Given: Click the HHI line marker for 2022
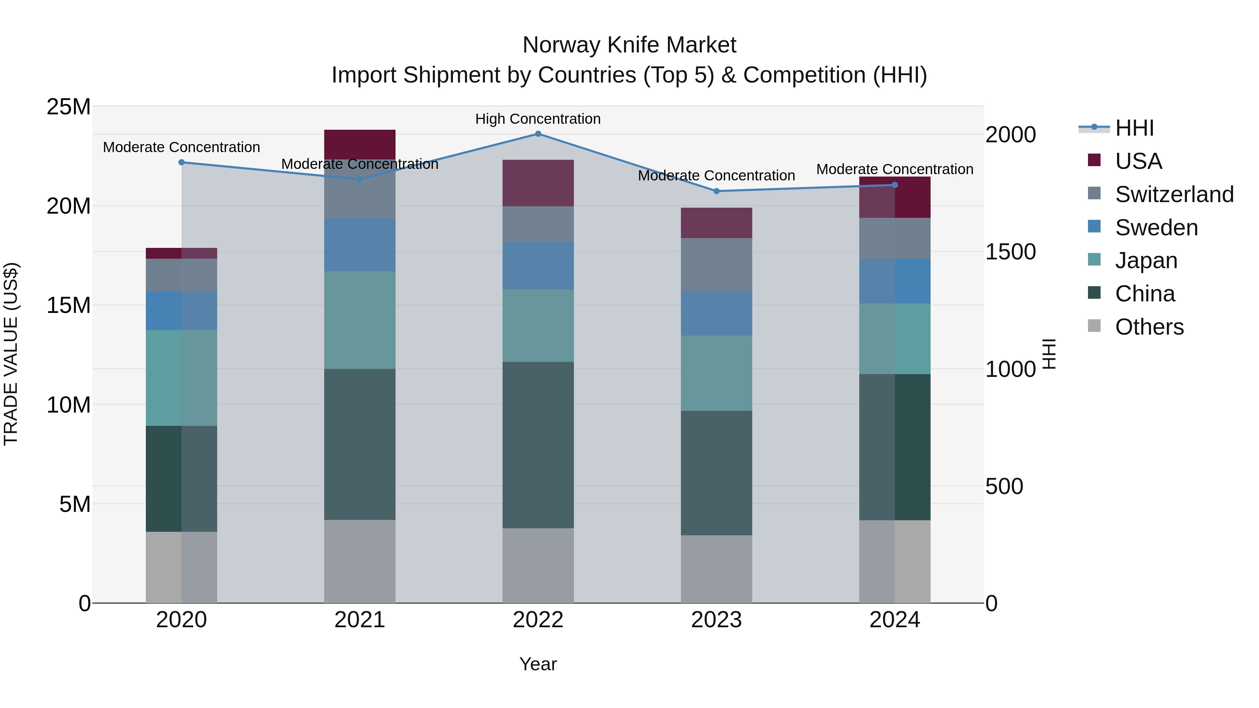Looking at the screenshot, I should [538, 134].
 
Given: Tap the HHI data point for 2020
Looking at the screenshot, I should [181, 162].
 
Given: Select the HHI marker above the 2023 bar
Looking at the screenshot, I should [717, 191].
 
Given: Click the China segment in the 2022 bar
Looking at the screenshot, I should [538, 445].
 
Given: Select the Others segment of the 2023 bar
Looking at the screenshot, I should [717, 569].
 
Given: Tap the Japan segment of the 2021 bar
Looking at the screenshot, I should [360, 320].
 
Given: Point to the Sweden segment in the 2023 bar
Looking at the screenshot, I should [717, 314].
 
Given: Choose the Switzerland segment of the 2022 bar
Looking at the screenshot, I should [538, 224].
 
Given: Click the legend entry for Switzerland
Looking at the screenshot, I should [1174, 194].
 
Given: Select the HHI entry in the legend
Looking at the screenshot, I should [1134, 128].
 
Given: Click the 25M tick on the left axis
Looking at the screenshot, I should [69, 107].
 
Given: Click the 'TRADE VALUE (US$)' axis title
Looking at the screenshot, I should [11, 354].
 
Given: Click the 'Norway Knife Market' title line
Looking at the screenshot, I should [629, 45].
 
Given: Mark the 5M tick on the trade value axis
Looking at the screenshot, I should [75, 504].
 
